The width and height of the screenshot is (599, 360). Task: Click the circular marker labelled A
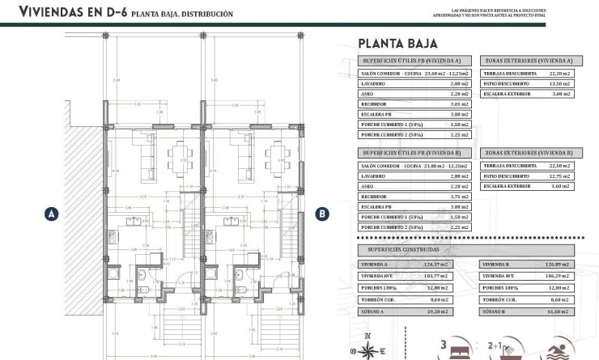[x=51, y=214]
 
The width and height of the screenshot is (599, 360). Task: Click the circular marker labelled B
[x=322, y=214]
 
